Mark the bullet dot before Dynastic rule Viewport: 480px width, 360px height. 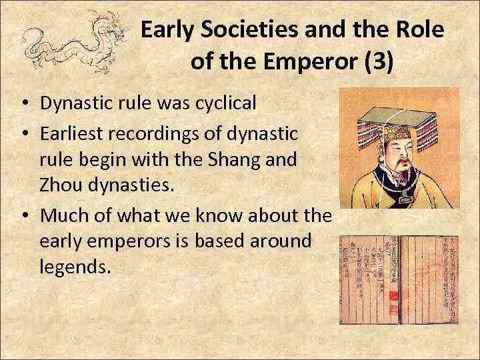pos(23,104)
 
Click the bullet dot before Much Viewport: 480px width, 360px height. pos(23,216)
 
